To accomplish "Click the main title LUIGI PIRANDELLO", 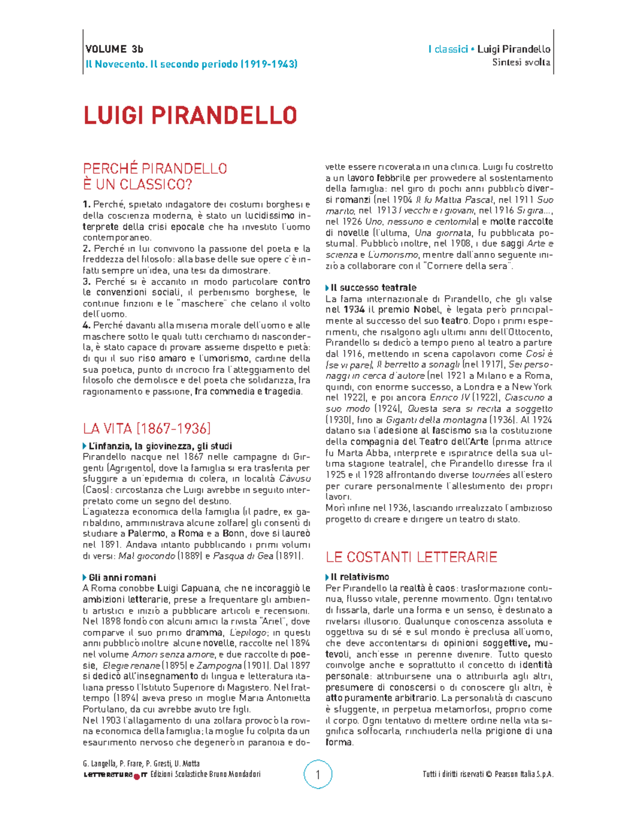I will point(190,115).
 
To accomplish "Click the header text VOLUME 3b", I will point(114,49).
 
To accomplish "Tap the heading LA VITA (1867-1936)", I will point(147,428).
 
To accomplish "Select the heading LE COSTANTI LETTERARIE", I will point(411,557).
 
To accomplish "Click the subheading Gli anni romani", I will point(122,577).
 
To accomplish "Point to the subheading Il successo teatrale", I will point(373,288).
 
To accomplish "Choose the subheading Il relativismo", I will point(359,577).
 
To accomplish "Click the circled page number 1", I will point(318,775).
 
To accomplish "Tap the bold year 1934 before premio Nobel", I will point(353,310).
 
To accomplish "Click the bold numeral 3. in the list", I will point(87,282).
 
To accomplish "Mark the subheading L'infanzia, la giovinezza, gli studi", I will point(160,446).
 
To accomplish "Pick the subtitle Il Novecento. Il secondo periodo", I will point(191,64).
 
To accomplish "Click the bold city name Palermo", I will point(146,534).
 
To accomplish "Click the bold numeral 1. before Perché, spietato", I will point(87,204).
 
